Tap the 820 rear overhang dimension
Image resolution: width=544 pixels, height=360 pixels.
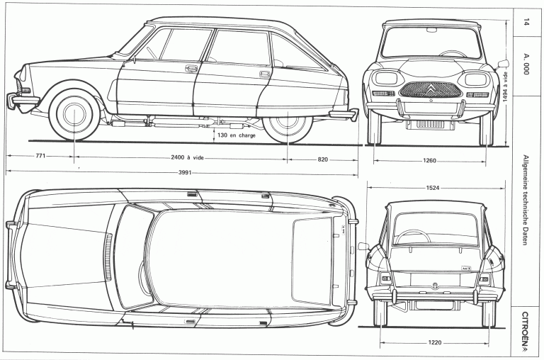pyautogui.click(x=322, y=159)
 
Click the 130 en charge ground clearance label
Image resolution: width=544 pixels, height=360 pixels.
pyautogui.click(x=236, y=134)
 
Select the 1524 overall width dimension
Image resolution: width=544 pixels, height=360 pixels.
pyautogui.click(x=436, y=188)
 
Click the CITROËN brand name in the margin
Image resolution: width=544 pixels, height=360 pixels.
pyautogui.click(x=526, y=330)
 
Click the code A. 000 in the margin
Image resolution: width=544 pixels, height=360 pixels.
pyautogui.click(x=526, y=66)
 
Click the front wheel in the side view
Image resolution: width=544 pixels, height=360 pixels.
pyautogui.click(x=74, y=113)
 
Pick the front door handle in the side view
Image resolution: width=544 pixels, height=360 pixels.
pyautogui.click(x=191, y=69)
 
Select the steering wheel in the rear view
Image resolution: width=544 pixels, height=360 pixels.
pyautogui.click(x=412, y=236)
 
